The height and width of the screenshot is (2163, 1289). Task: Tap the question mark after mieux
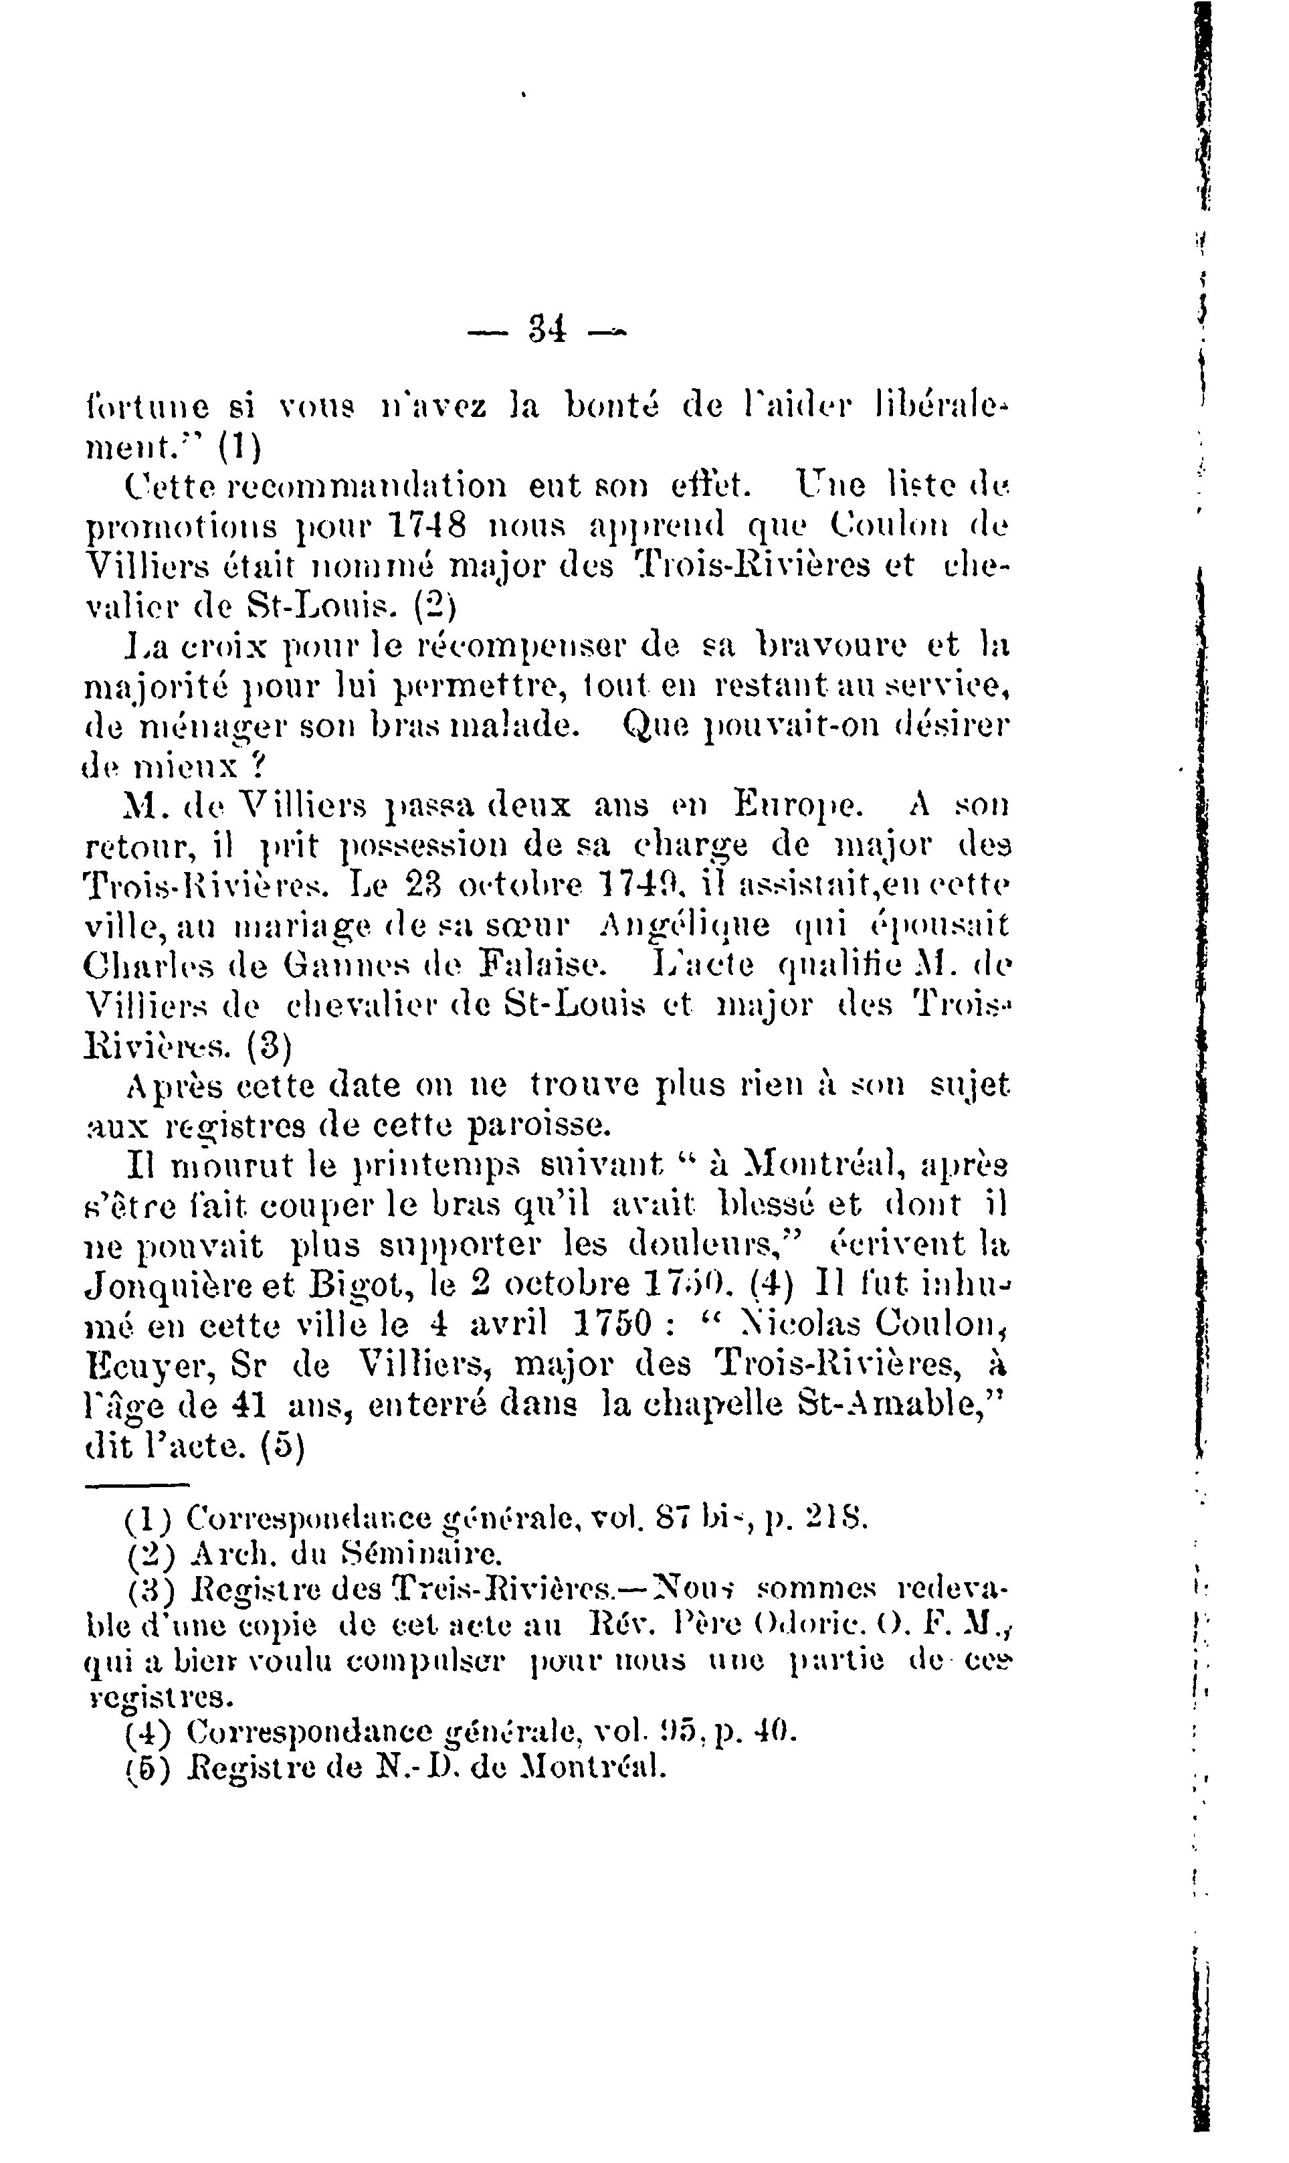pyautogui.click(x=258, y=766)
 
